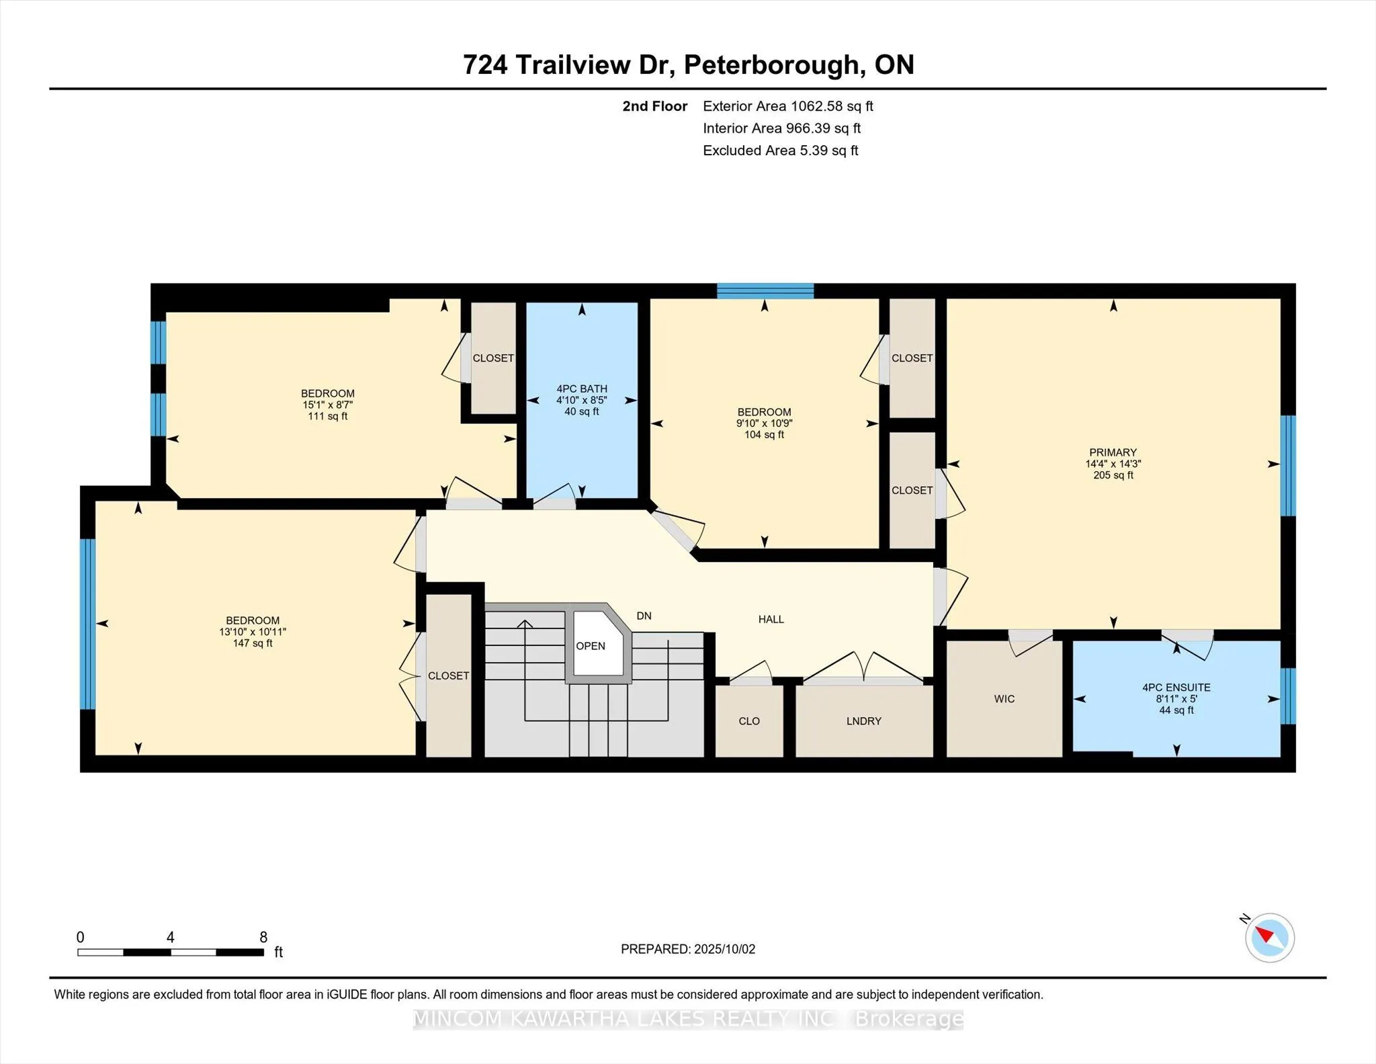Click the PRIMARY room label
pos(1113,452)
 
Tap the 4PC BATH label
pos(582,388)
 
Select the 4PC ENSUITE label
pos(1176,688)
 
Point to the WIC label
pos(1004,699)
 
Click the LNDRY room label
pos(864,721)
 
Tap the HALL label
pos(771,619)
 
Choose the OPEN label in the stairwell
pos(591,646)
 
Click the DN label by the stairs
pos(644,616)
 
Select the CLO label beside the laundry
pos(749,721)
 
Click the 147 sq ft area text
pos(253,643)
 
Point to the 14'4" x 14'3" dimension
pos(1113,464)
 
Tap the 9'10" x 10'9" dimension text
pos(764,423)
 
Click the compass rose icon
pos(1269,938)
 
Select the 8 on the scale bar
pos(263,937)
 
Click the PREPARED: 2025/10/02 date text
pos(688,949)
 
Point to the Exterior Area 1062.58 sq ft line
pos(788,106)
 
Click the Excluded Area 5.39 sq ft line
pos(781,151)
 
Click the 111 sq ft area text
pos(328,416)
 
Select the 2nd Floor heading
pos(655,106)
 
